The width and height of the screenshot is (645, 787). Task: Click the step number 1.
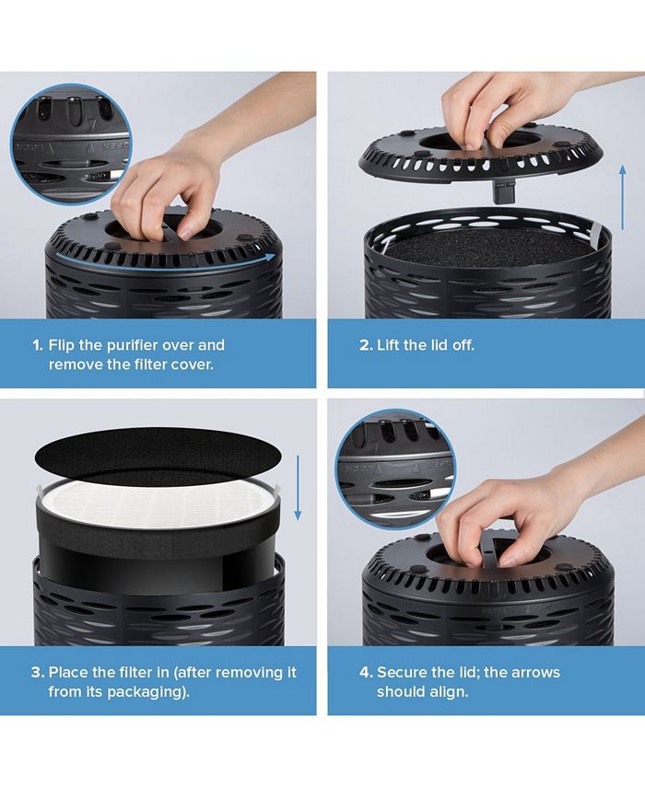(38, 345)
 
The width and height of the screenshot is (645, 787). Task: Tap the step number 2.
(366, 345)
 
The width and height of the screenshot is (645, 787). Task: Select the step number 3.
(38, 673)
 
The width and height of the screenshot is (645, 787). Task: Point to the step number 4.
(366, 673)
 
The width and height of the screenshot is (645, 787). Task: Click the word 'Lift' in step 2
(388, 345)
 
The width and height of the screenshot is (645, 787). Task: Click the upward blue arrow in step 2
(623, 197)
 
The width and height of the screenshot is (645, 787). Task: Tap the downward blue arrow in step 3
(298, 488)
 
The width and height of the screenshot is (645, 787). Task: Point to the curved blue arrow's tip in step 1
(276, 257)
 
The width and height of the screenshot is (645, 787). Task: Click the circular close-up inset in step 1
(71, 144)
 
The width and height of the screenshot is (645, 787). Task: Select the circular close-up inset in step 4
(395, 469)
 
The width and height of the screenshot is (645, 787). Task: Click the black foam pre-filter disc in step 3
(158, 456)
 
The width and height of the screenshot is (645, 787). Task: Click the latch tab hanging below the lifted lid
(503, 191)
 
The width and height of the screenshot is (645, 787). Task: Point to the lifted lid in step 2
(480, 154)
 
